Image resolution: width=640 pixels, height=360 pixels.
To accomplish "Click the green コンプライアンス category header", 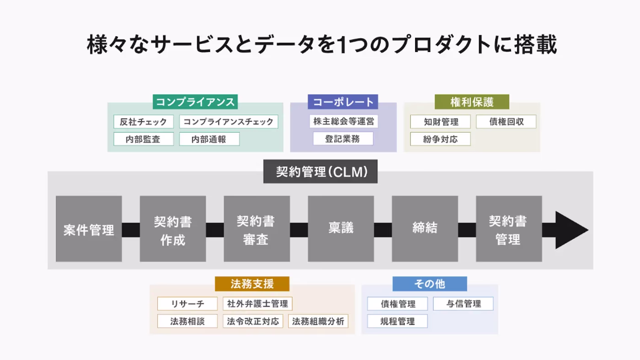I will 195,101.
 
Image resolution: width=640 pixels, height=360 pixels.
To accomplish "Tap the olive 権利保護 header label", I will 472,101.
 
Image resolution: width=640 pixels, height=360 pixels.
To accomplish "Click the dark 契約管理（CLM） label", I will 320,171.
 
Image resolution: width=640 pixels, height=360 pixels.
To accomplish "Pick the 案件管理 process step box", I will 89,229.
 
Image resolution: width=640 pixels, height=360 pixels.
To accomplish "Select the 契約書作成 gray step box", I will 173,229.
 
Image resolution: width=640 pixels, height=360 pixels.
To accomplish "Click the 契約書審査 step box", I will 256,229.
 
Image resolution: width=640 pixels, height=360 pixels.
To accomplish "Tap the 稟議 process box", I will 341,229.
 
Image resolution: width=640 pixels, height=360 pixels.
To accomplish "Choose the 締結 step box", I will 425,229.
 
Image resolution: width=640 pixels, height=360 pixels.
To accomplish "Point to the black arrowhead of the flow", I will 571,230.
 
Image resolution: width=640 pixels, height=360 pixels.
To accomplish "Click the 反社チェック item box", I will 144,122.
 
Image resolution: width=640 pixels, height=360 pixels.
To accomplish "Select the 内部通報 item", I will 209,139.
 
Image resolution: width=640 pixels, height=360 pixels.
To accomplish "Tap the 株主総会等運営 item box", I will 343,122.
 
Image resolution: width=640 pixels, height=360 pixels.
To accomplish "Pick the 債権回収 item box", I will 506,122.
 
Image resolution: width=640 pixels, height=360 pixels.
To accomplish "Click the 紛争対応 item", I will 440,139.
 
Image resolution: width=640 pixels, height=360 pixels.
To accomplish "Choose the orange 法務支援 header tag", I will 252,284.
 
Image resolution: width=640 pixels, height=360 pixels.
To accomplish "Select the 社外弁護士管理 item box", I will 257,304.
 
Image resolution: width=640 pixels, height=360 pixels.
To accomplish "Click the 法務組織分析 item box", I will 318,321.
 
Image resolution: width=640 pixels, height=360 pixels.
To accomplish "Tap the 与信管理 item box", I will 464,304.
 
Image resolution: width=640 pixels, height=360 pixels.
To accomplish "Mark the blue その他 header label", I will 430,284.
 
